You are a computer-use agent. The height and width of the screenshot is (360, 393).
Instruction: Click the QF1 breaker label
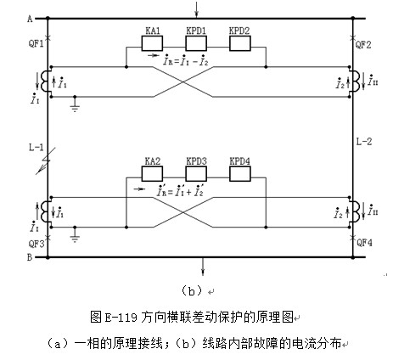point(36,43)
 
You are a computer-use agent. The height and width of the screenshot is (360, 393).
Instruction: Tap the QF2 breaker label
point(363,44)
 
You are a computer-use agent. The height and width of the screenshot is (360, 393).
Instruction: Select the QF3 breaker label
point(36,244)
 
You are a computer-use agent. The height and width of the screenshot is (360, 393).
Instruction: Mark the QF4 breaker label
point(364,243)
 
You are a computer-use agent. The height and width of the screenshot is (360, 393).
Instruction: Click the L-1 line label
point(36,147)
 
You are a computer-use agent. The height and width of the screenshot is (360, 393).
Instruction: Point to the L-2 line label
point(364,142)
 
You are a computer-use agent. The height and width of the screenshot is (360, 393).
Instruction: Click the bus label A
point(30,19)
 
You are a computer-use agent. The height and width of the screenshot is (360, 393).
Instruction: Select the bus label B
point(30,257)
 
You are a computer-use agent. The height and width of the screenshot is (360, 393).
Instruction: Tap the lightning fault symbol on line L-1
point(45,160)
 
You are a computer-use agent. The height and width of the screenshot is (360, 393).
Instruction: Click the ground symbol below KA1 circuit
point(75,104)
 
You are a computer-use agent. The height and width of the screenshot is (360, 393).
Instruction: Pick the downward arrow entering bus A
point(196,9)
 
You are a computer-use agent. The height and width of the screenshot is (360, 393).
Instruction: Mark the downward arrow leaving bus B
point(203,267)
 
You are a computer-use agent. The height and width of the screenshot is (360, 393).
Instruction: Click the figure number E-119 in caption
point(121,318)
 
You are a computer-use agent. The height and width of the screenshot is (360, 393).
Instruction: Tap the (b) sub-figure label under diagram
point(193,290)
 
